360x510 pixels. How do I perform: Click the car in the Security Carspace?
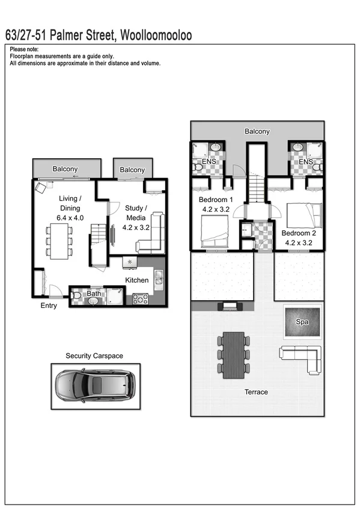pyautogui.click(x=95, y=386)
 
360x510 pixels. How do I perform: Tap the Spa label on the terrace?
pyautogui.click(x=302, y=322)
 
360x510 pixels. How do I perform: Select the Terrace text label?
pyautogui.click(x=256, y=392)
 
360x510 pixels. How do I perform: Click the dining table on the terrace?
pyautogui.click(x=233, y=355)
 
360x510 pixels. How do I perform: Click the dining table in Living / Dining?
pyautogui.click(x=59, y=241)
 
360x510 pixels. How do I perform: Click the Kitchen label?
pyautogui.click(x=136, y=280)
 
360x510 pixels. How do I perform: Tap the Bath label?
pyautogui.click(x=94, y=293)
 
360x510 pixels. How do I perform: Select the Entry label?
pyautogui.click(x=49, y=306)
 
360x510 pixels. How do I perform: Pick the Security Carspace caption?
pyautogui.click(x=94, y=356)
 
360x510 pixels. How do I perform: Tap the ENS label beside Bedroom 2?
pyautogui.click(x=306, y=162)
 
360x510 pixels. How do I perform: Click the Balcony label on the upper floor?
pyautogui.click(x=257, y=131)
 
